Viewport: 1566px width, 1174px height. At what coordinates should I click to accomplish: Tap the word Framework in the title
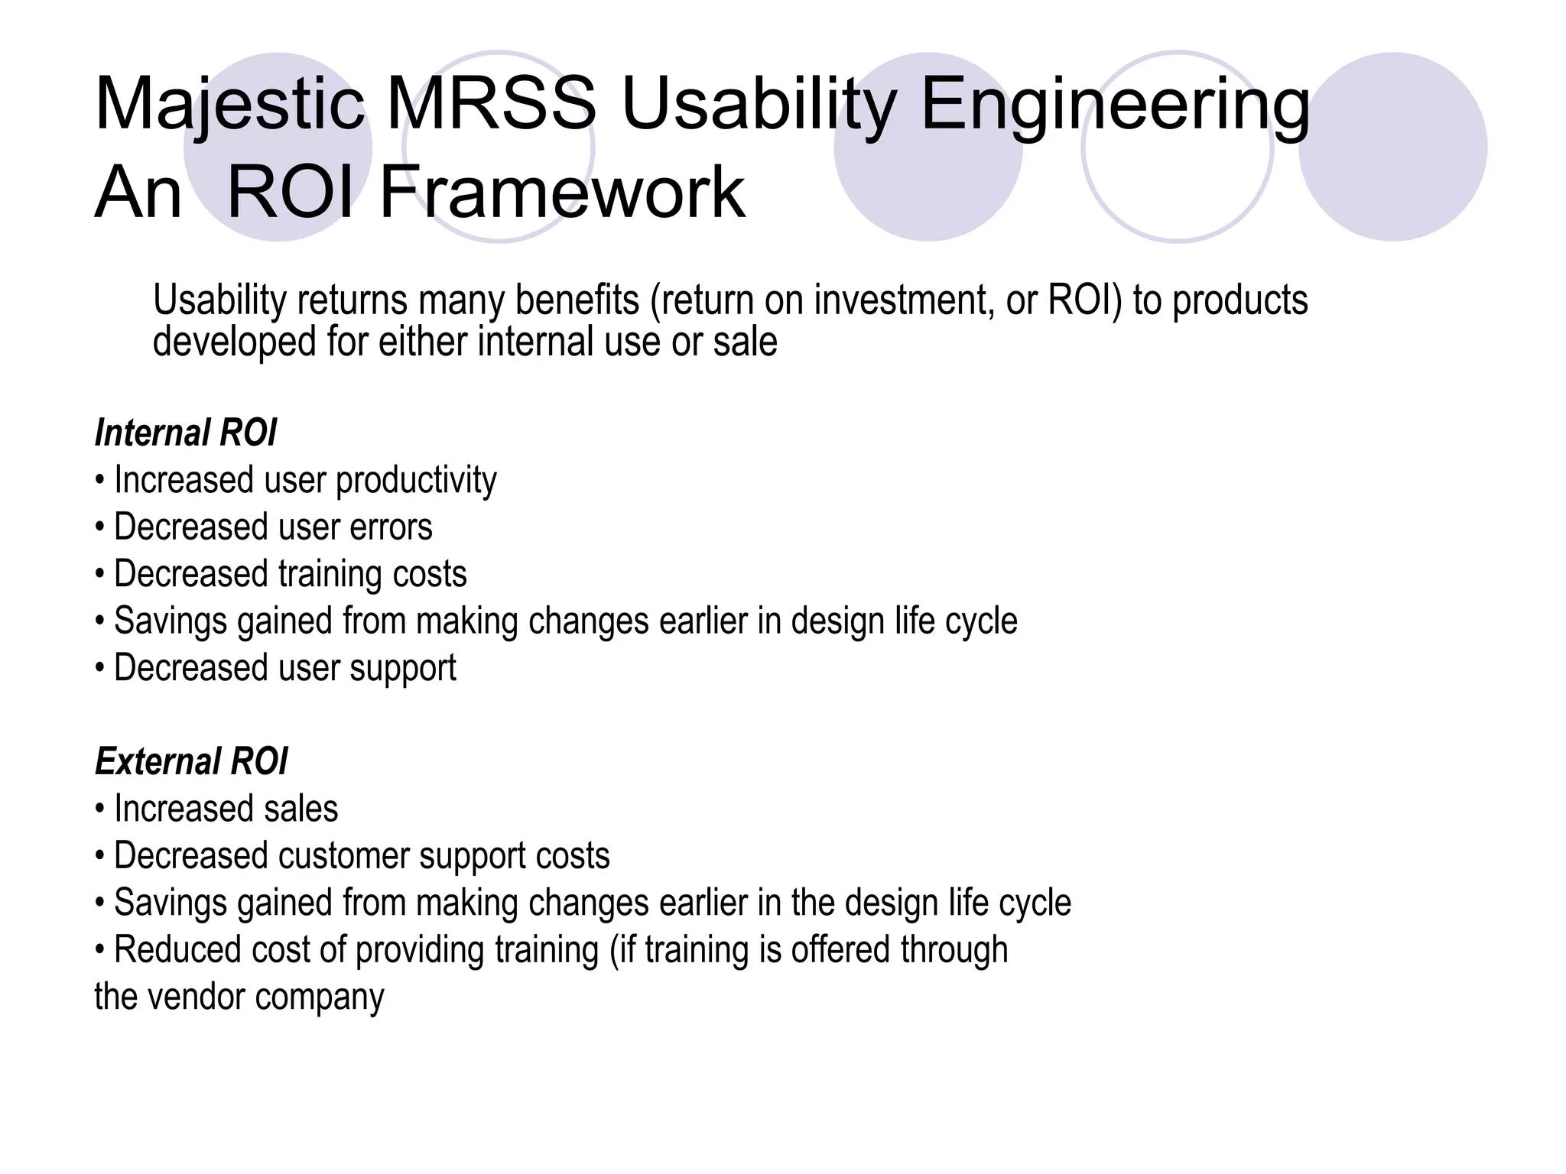pyautogui.click(x=562, y=193)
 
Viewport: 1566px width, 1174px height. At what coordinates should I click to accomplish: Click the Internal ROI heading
pyautogui.click(x=185, y=433)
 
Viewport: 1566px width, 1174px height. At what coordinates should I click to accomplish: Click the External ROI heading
pyautogui.click(x=191, y=761)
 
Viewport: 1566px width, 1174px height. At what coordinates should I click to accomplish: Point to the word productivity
pyautogui.click(x=416, y=482)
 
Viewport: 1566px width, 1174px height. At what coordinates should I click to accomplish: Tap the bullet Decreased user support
pyautogui.click(x=284, y=668)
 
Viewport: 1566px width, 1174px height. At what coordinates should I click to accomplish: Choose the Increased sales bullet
pyautogui.click(x=226, y=809)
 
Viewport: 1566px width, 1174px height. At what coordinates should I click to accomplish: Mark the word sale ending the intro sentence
pyautogui.click(x=746, y=341)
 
